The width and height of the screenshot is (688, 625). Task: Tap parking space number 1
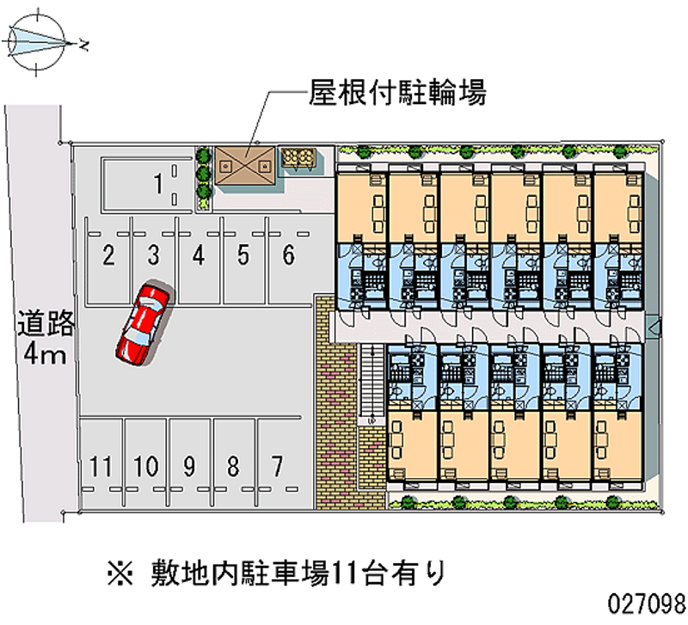tap(157, 182)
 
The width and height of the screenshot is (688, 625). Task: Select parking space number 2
tap(108, 254)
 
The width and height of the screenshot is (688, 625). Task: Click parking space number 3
tap(153, 254)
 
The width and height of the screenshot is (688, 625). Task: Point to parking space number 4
tap(199, 254)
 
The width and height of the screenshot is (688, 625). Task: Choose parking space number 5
tap(244, 254)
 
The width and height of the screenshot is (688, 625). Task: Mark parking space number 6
tap(289, 254)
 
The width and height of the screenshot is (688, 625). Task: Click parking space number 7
tap(276, 467)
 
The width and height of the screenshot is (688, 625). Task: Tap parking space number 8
tap(232, 467)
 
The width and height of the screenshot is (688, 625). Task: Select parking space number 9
tap(188, 467)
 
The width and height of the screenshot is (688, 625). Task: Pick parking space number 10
tap(145, 467)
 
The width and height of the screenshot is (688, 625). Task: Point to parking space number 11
tap(101, 467)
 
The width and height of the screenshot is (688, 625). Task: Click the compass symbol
tap(39, 40)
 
